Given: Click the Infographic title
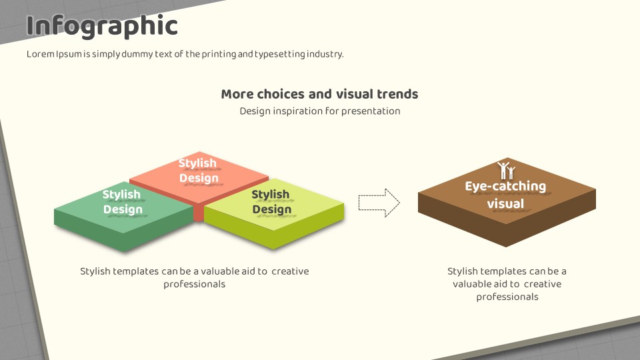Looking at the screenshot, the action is pos(102,26).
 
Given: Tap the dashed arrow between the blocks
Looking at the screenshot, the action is pos(379,203).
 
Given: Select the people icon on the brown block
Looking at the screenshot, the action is pos(506,171).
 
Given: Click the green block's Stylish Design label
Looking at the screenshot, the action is pos(122,201).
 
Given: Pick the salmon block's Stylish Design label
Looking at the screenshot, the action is pos(198,170).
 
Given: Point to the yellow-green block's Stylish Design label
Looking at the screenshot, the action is pos(271,201).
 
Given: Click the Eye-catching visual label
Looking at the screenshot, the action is pos(505,195).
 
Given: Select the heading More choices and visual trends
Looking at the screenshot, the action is pos(319,94).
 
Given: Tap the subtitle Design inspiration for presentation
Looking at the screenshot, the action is pos(319,111).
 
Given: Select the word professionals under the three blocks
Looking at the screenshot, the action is pos(194,284).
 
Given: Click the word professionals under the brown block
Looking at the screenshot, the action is pos(507,297).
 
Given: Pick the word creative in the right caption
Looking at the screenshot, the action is pos(543,284).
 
